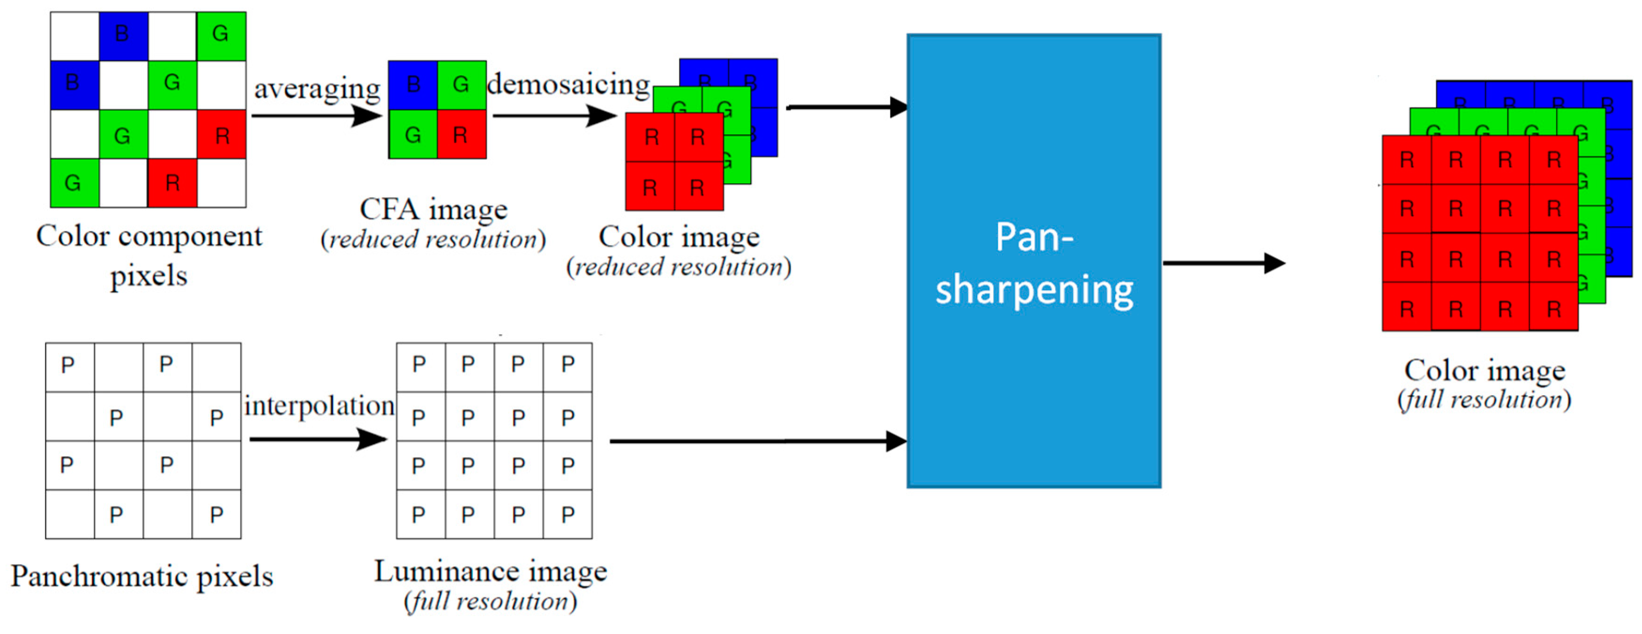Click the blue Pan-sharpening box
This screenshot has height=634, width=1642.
[1033, 261]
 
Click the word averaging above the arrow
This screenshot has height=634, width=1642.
[317, 89]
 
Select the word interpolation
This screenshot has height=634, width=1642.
[319, 405]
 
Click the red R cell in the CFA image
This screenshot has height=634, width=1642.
[461, 135]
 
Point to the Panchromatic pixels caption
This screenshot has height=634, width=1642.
[142, 577]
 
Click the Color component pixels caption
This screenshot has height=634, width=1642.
[149, 255]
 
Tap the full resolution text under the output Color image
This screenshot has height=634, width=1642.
[1484, 400]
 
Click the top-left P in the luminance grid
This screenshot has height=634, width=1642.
[419, 365]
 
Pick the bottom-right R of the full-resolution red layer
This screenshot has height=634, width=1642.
[1553, 309]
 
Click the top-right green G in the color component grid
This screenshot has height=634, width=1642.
[220, 34]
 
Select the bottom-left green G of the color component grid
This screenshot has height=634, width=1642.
[73, 183]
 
